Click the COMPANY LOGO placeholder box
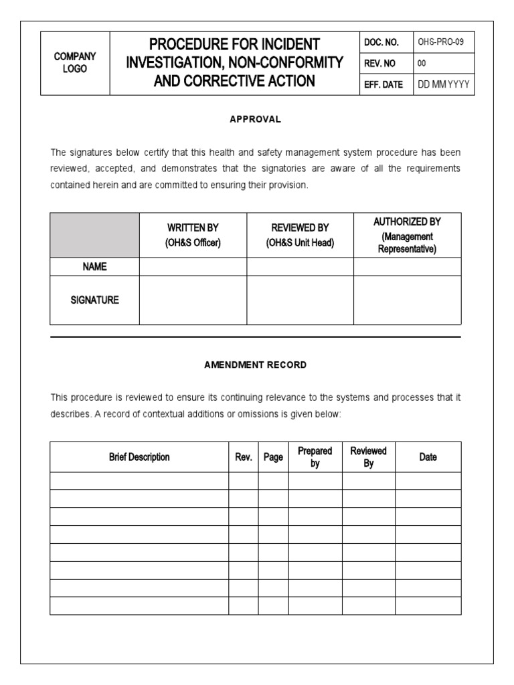(x=75, y=63)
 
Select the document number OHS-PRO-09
(x=441, y=42)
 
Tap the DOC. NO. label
(x=381, y=42)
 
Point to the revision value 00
(x=422, y=64)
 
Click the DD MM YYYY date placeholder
(x=444, y=85)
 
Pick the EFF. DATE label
(x=383, y=85)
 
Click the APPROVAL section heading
(x=256, y=119)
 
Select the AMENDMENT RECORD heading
(x=256, y=365)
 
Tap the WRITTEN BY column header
(x=193, y=235)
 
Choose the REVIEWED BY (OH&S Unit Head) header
(x=300, y=235)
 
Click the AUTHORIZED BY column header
(x=407, y=235)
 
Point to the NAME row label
(x=94, y=266)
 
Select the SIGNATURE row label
(x=94, y=300)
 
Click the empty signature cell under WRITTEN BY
(x=193, y=300)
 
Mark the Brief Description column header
(x=139, y=458)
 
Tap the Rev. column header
(x=244, y=458)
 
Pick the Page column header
(x=273, y=458)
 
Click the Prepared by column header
(x=315, y=458)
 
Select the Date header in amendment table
(x=428, y=458)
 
